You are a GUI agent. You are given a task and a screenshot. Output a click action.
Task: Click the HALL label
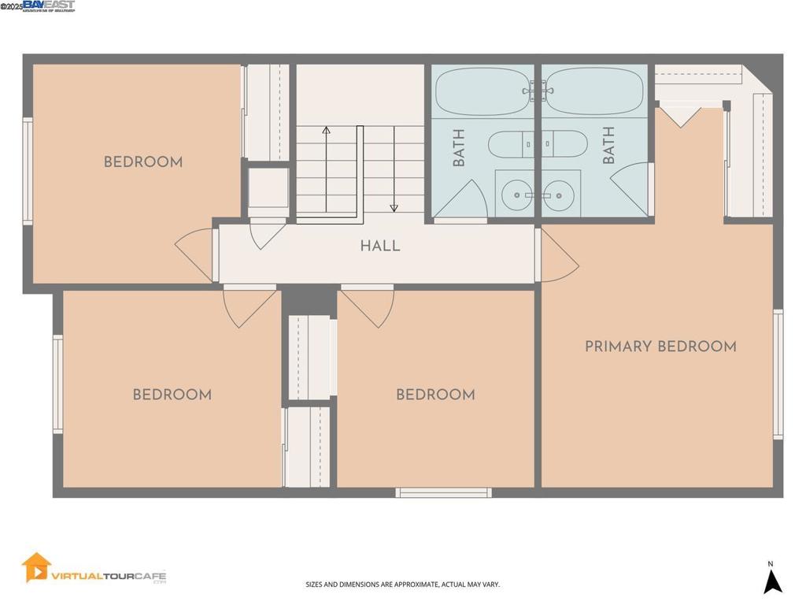[380, 246]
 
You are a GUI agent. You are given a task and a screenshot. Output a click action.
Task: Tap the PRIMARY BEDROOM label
[660, 347]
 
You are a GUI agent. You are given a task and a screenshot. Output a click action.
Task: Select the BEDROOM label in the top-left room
[143, 162]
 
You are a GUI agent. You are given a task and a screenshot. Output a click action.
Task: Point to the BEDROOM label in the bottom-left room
[172, 395]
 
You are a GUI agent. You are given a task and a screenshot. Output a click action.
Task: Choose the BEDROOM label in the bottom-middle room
[435, 395]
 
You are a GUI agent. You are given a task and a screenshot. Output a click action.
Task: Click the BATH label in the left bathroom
[459, 147]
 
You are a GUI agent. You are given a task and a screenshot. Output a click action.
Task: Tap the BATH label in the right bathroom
[608, 146]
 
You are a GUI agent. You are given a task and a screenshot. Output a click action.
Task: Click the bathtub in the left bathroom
[482, 91]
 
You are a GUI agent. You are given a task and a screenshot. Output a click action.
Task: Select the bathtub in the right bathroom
[596, 91]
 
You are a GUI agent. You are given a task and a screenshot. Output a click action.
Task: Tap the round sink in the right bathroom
[559, 191]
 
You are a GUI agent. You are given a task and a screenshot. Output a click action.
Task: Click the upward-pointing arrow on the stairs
[327, 130]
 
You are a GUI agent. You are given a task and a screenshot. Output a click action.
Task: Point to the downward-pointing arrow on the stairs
[394, 207]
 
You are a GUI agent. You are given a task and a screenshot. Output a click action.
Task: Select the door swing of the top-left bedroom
[195, 254]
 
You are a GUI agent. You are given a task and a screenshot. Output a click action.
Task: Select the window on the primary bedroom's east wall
[778, 373]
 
